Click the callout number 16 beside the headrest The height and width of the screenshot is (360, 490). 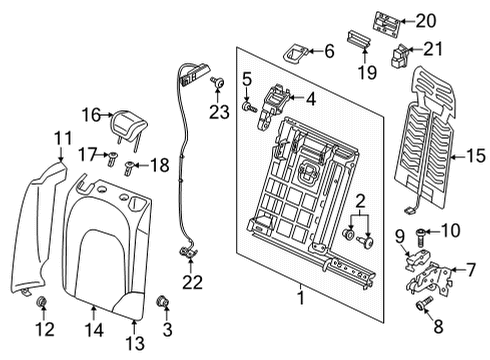[x=91, y=115]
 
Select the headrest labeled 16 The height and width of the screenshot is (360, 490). [x=128, y=127]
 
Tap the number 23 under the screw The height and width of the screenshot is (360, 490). [x=219, y=112]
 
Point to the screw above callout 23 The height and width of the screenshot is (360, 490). [x=217, y=82]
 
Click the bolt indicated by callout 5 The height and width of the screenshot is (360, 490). [x=249, y=107]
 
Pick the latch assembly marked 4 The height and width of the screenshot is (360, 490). [x=272, y=107]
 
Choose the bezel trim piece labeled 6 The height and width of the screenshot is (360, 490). [x=295, y=53]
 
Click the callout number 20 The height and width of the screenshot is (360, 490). [x=426, y=21]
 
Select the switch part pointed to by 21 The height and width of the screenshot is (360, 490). [x=399, y=56]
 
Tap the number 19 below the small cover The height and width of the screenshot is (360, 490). [x=367, y=72]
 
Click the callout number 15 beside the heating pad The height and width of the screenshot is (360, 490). [x=476, y=156]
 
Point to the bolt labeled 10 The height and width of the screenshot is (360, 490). [x=421, y=236]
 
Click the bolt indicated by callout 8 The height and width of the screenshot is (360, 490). [x=424, y=303]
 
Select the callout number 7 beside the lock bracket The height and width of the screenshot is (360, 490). [x=471, y=270]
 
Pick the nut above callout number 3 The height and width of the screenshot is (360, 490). [x=163, y=302]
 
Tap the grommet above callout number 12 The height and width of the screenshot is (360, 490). [x=41, y=301]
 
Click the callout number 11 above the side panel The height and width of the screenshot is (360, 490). [x=63, y=138]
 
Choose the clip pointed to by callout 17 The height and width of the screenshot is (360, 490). [x=112, y=158]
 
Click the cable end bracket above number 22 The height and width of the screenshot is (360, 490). [x=188, y=252]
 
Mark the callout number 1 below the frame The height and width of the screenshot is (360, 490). [x=301, y=298]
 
